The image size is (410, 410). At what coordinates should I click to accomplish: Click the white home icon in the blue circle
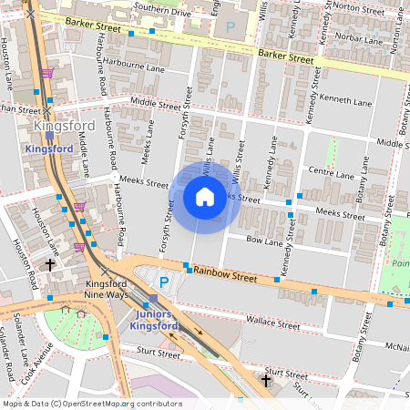205,197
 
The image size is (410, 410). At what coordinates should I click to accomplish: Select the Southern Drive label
161,12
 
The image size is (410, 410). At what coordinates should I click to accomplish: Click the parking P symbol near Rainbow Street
163,282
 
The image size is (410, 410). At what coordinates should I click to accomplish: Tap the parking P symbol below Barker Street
230,28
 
